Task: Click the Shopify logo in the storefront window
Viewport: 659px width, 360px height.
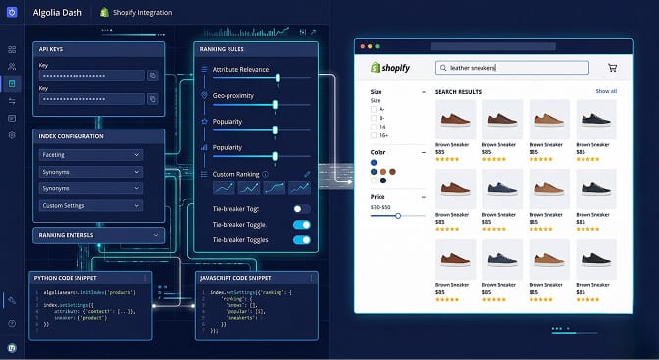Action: coord(389,68)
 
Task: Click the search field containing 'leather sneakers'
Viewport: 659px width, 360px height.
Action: coord(512,68)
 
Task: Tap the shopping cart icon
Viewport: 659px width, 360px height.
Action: coord(612,68)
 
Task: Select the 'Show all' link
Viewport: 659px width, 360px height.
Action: coord(606,91)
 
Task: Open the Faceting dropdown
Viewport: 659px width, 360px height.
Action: coord(90,154)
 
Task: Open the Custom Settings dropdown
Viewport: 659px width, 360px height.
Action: coord(90,205)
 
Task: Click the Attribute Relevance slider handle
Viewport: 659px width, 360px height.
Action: coord(279,77)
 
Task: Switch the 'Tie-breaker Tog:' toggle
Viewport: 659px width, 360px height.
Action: coord(301,209)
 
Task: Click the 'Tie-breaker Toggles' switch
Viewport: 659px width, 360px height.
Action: coord(301,239)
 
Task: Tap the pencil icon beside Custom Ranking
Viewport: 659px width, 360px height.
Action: coord(306,174)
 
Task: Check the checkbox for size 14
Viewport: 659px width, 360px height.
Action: coord(374,127)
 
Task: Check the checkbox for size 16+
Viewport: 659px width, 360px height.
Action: coord(374,136)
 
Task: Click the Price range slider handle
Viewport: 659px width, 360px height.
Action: coord(398,215)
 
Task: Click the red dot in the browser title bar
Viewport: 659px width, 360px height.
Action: coord(363,47)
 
